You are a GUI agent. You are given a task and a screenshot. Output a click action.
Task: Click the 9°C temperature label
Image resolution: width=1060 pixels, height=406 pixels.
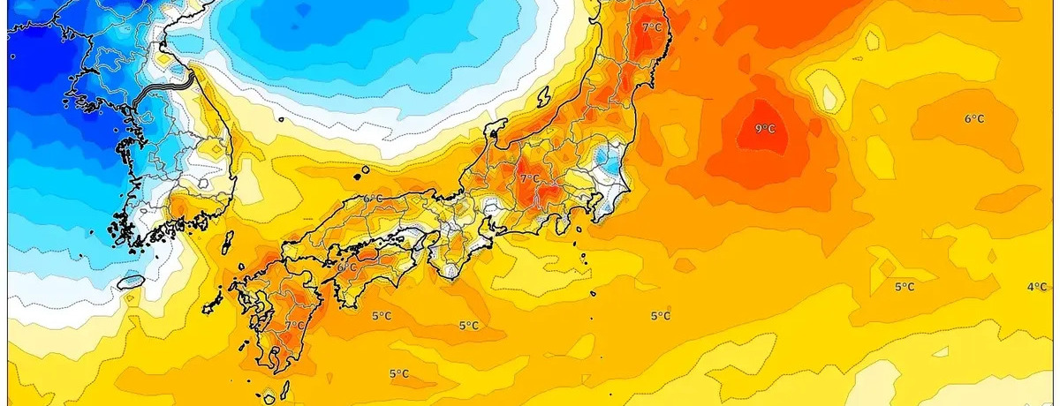765,129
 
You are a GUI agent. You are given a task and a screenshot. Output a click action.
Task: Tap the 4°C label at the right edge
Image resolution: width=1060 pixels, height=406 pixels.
1037,287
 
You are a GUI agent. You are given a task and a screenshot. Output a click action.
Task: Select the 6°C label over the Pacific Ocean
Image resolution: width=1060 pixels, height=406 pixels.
974,118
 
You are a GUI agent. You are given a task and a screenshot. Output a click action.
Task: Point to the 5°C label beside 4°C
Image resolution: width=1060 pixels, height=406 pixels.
905,287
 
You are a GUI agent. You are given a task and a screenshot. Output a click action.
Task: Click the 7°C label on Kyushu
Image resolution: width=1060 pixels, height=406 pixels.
292,326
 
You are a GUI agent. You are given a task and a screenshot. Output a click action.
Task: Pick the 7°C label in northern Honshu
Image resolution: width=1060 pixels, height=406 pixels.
652,27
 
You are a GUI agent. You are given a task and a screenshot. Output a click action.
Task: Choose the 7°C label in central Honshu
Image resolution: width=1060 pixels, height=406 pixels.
529,178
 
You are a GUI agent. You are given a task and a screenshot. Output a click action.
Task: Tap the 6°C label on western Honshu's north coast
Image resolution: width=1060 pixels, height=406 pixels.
371,199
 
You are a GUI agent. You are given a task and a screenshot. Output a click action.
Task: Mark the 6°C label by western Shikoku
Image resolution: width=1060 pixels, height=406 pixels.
345,267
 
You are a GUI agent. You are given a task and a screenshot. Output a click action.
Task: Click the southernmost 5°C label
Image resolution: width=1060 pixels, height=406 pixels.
398,374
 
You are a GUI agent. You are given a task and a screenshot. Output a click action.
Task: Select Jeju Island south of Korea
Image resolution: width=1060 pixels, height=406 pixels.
131,282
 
